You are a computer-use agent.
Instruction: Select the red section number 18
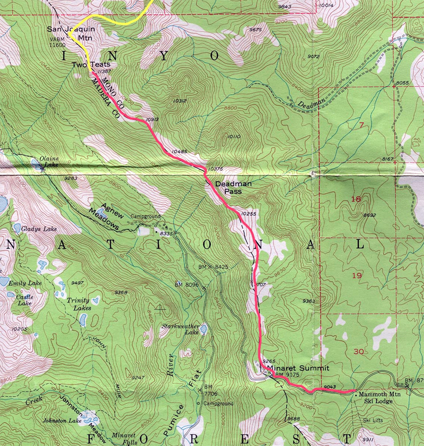click(x=356, y=200)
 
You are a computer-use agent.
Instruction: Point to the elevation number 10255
click(x=248, y=213)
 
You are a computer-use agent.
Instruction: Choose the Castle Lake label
click(x=24, y=301)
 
